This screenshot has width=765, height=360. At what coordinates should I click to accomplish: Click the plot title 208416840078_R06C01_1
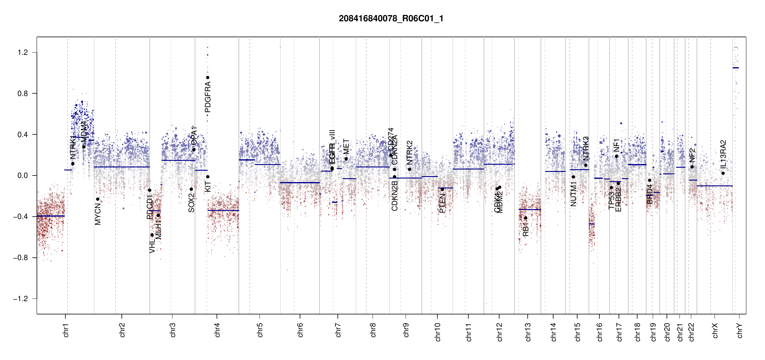point(391,19)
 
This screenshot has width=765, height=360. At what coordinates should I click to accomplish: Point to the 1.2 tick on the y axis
point(23,52)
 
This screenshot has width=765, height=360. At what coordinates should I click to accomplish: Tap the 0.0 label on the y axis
point(23,175)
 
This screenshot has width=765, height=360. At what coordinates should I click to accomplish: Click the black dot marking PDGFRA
point(208,78)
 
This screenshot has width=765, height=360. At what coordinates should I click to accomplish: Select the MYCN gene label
point(98,214)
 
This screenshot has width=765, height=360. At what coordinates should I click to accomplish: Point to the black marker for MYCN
point(97,199)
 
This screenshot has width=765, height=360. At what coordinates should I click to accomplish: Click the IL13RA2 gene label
point(723,154)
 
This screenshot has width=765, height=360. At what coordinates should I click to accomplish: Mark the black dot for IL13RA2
point(723,173)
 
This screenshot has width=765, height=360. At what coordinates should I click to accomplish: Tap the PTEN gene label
point(442,203)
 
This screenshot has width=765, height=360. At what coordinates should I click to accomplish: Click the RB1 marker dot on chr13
point(526,218)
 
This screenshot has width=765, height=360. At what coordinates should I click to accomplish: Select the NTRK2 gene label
point(409,152)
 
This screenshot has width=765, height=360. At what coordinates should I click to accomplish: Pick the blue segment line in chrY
point(736,68)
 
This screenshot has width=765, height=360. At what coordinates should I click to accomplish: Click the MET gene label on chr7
point(346,146)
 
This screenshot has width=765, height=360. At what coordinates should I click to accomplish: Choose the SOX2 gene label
point(191,203)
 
